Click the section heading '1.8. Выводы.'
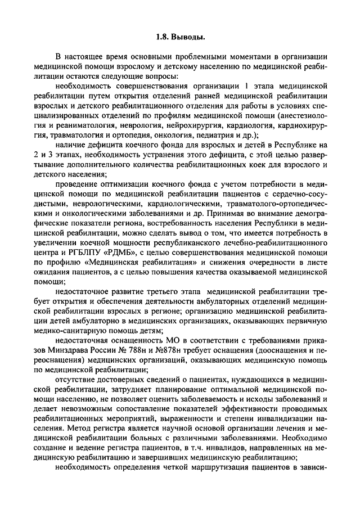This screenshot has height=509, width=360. point(179,38)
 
